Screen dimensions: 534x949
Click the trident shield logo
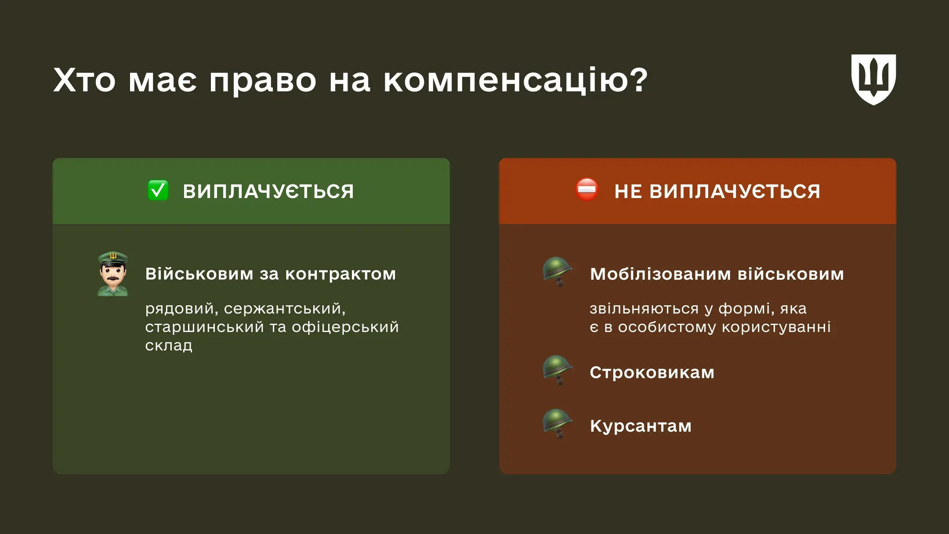tap(873, 79)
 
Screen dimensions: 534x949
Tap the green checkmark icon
tap(158, 191)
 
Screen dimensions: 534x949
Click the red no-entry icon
tap(587, 190)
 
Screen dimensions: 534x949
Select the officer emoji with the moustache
tap(113, 274)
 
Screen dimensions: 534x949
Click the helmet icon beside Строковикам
tap(557, 370)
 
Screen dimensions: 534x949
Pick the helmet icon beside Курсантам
tap(557, 423)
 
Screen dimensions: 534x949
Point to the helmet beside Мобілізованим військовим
tap(557, 271)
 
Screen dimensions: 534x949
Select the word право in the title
tap(262, 81)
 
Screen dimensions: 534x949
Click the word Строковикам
tap(652, 372)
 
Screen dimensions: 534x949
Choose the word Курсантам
tap(641, 426)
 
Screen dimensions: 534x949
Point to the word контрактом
tap(340, 274)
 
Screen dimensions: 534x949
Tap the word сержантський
tap(285, 309)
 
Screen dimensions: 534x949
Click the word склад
tap(169, 346)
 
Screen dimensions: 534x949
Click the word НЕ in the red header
tap(628, 191)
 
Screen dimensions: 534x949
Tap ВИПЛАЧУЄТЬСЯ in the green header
tap(268, 191)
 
